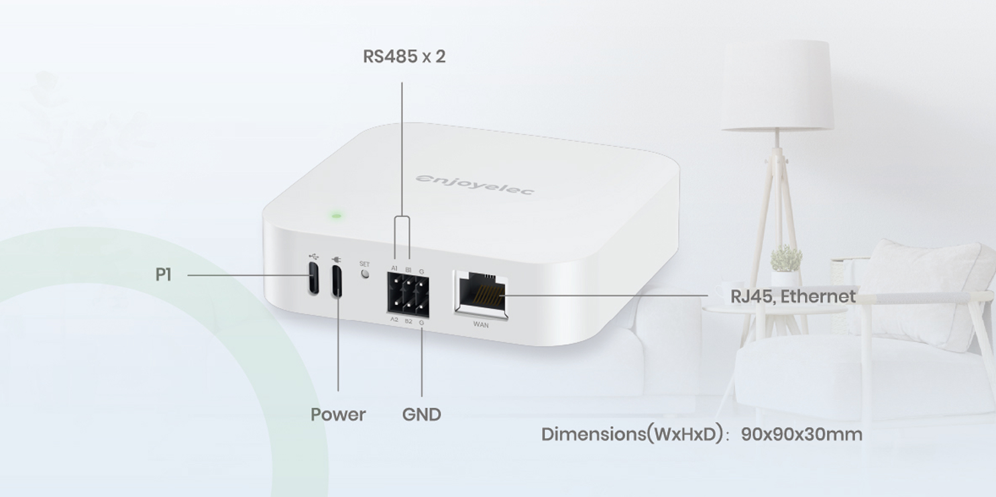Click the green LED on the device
(x=337, y=216)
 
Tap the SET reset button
(x=365, y=274)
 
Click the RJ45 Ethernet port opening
(x=482, y=294)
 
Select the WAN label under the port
(x=481, y=325)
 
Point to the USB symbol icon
(x=313, y=256)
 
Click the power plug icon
(x=337, y=259)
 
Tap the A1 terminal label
(x=394, y=268)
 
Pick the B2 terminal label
(x=408, y=321)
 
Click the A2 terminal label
(x=394, y=319)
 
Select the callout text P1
(x=163, y=275)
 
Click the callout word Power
(x=338, y=415)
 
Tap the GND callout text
(x=421, y=415)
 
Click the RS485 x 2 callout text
(x=404, y=56)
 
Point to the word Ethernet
(x=818, y=296)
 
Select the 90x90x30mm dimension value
(x=801, y=435)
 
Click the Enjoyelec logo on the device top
(x=475, y=184)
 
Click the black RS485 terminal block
(x=408, y=295)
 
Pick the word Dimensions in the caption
(x=593, y=435)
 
